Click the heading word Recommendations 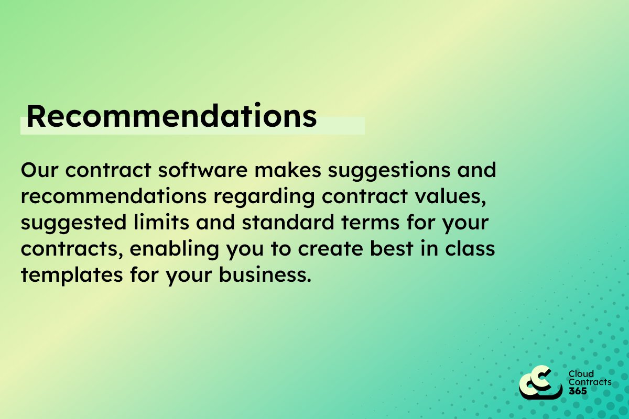[x=171, y=116]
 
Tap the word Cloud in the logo [x=581, y=374]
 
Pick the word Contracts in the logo [x=590, y=382]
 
